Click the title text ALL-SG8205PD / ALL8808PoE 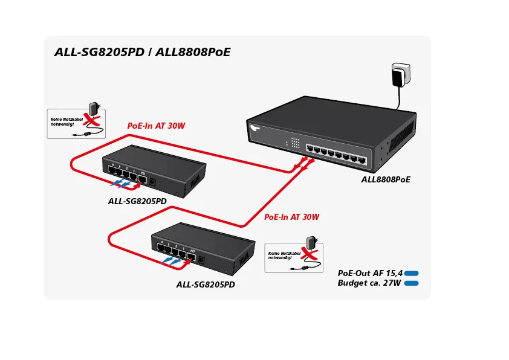[x=143, y=52]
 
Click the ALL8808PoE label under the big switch [x=386, y=179]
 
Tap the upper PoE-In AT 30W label [x=156, y=126]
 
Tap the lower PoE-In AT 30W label [x=291, y=217]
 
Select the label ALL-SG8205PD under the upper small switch [x=137, y=201]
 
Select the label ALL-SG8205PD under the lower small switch [x=206, y=284]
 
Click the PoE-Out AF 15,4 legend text [x=370, y=273]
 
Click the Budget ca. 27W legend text [x=369, y=283]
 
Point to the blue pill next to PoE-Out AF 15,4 [x=412, y=274]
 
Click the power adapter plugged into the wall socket [x=398, y=76]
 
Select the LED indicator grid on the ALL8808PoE [x=295, y=143]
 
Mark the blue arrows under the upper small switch [x=123, y=184]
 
